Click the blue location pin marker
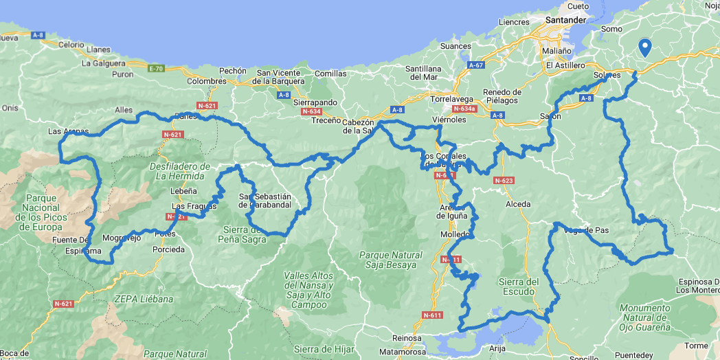[x=644, y=47]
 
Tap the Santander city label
[x=565, y=20]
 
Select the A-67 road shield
[x=476, y=65]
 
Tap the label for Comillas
[x=330, y=74]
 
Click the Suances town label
[x=455, y=47]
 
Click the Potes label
[x=166, y=234]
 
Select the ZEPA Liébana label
[x=145, y=300]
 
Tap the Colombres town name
[x=206, y=81]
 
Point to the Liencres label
[x=515, y=22]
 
